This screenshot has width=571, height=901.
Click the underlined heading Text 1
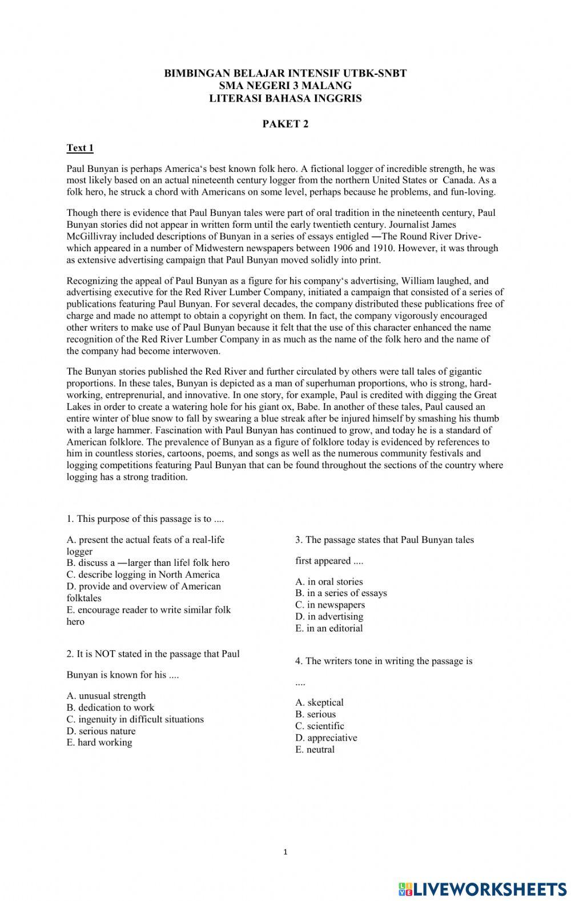click(x=80, y=148)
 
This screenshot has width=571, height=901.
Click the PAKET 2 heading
click(x=285, y=124)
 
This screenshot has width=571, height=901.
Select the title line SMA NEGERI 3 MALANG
click(x=285, y=86)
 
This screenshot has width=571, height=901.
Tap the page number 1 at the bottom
click(x=285, y=852)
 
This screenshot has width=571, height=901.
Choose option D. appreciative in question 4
click(x=326, y=738)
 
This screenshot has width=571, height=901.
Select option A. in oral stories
click(x=329, y=582)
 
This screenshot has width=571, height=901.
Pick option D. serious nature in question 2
click(x=101, y=731)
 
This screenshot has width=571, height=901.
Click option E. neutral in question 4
click(x=315, y=750)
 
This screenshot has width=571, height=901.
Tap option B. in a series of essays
click(x=341, y=593)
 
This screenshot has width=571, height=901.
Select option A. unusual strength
click(x=106, y=695)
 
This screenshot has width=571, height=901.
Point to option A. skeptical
click(x=319, y=702)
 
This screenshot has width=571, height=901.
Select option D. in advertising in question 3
click(x=329, y=617)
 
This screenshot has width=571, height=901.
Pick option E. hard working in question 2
click(x=99, y=742)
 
